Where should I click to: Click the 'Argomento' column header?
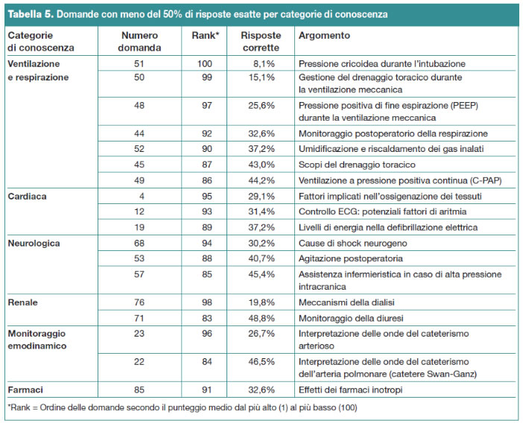click(324, 35)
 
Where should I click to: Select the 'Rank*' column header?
click(205, 35)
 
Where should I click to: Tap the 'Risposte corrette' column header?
click(261, 41)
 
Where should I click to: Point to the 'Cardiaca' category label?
click(27, 197)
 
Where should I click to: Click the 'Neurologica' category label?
click(34, 244)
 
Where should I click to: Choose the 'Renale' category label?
click(22, 302)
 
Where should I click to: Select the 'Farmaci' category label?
click(25, 390)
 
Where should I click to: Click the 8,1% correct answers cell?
click(264, 63)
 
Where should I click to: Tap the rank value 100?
click(204, 63)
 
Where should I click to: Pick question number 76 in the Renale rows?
click(139, 302)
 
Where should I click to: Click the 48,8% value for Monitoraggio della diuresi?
click(261, 318)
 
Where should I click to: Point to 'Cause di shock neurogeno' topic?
click(352, 244)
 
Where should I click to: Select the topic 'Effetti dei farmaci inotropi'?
click(351, 390)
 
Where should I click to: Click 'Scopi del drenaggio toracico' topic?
click(357, 165)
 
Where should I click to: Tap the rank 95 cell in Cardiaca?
click(207, 197)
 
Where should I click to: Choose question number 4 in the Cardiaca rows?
click(142, 197)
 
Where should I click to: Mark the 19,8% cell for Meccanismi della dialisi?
click(261, 302)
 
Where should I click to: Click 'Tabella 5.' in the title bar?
click(31, 14)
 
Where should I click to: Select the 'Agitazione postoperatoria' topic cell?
click(351, 258)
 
